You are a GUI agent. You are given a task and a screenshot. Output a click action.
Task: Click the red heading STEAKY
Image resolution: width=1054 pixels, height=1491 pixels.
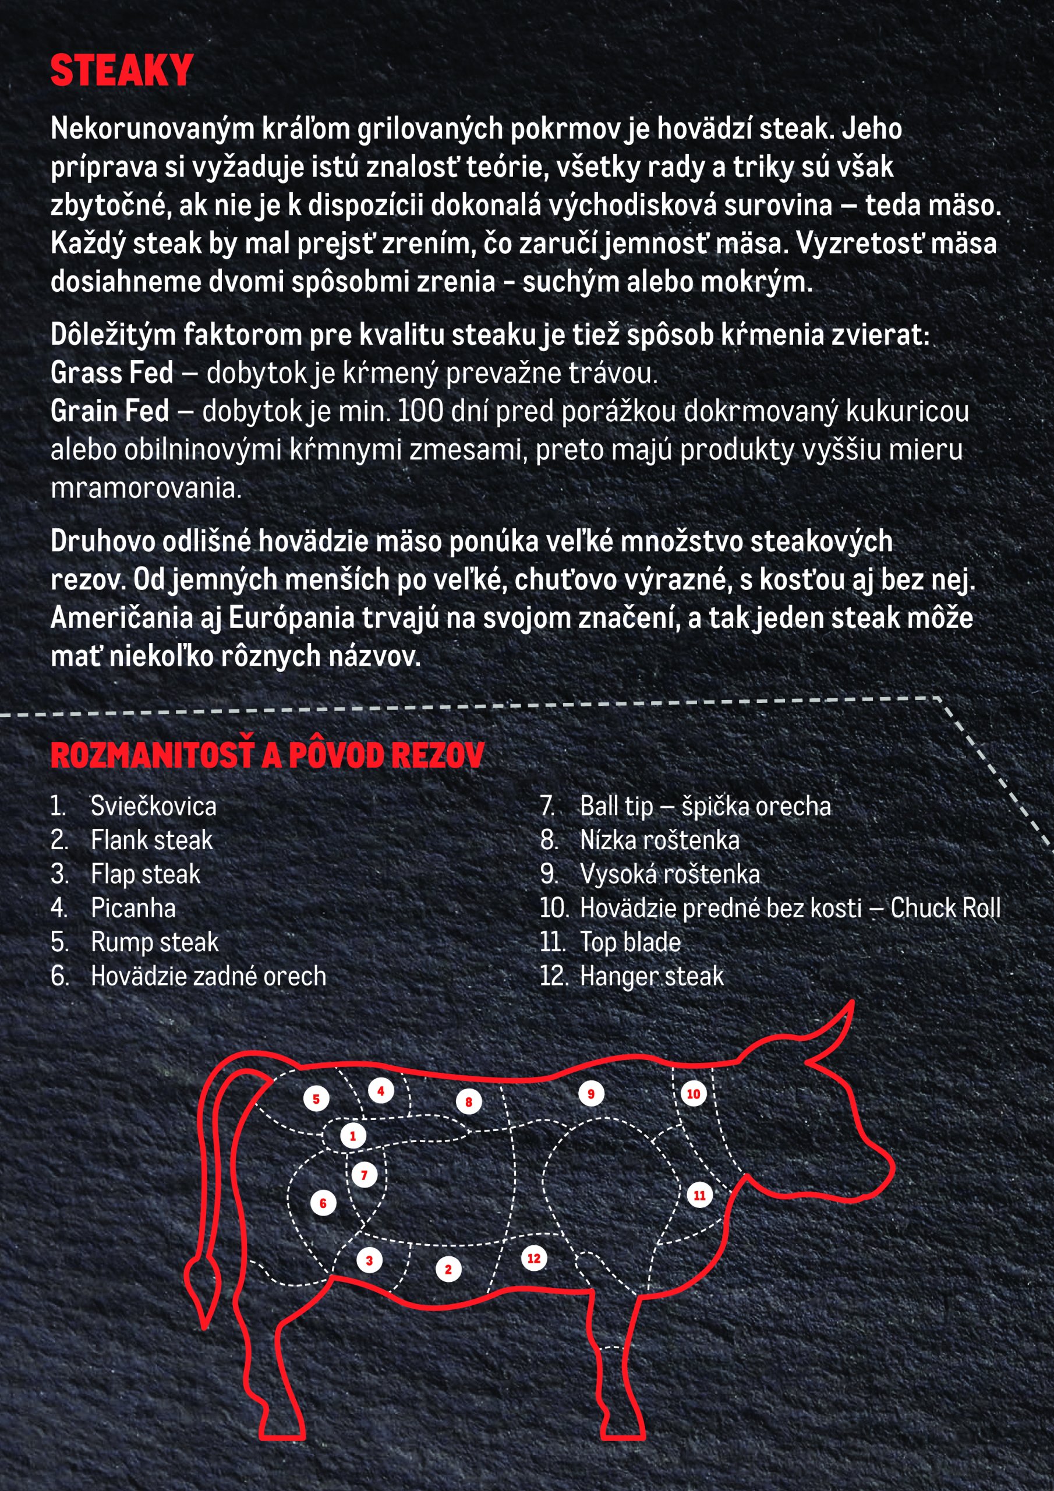coord(122,71)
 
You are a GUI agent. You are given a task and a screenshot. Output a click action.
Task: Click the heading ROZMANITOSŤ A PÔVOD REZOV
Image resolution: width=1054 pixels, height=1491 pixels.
coord(267,755)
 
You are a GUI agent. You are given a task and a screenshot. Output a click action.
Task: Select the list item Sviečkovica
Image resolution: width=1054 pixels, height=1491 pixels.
coord(153,806)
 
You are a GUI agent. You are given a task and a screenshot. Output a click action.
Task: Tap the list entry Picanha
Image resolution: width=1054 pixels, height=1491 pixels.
coord(133,908)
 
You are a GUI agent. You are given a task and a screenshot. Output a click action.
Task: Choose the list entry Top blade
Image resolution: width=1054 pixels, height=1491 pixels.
coord(630,942)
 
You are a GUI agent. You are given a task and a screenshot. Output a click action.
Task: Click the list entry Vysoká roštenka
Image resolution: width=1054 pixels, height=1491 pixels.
coord(670,874)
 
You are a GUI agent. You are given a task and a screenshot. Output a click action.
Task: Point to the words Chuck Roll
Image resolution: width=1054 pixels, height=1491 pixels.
coord(945,908)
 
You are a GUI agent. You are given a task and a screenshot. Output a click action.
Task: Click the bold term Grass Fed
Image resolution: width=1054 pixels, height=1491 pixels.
coord(112,373)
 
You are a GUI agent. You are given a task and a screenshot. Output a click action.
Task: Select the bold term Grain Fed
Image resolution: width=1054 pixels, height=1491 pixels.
coord(109,411)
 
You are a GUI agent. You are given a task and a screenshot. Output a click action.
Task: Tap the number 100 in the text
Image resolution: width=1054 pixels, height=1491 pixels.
coord(420,411)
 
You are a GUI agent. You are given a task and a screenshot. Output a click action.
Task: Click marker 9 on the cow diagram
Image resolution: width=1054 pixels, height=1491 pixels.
coord(591,1094)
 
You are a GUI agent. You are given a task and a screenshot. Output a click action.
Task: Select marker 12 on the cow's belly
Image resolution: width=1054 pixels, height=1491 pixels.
coord(534,1259)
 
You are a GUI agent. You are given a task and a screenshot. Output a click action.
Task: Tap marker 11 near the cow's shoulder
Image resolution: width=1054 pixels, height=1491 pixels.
coord(699,1195)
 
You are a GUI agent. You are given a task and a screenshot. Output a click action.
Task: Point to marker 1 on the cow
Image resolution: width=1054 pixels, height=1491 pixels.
coord(353,1136)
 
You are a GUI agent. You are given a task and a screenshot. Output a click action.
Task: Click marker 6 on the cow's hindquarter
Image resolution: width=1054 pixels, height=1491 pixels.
coord(323,1203)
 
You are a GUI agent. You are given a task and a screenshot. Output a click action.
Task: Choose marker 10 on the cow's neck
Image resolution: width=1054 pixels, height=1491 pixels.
coord(694,1094)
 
